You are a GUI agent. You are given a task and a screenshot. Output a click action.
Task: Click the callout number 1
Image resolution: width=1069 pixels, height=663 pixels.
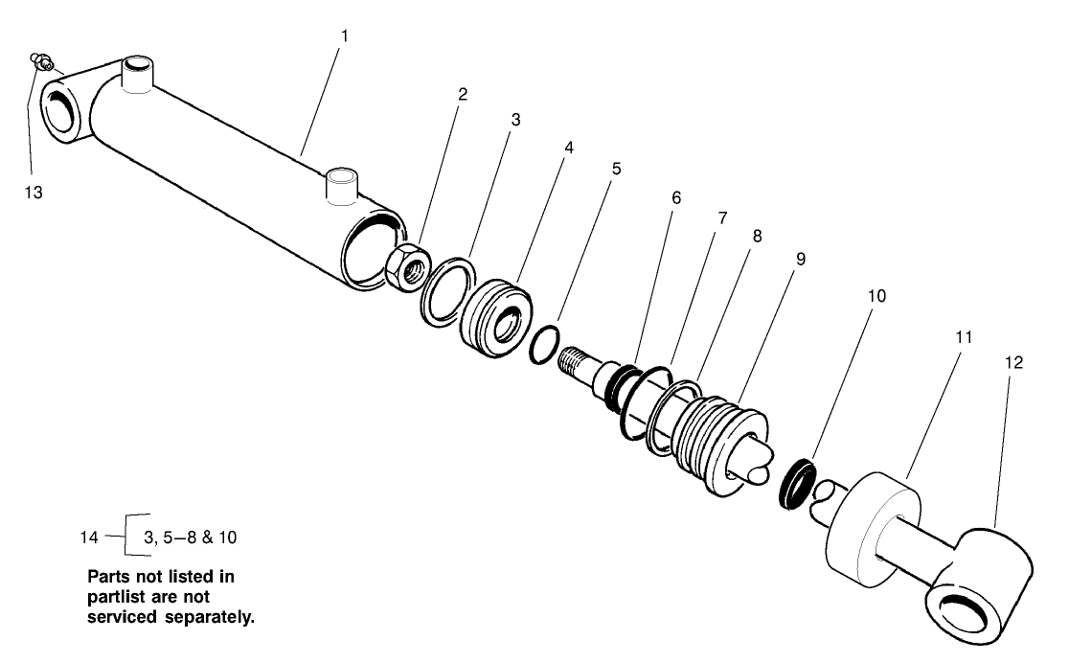(x=345, y=35)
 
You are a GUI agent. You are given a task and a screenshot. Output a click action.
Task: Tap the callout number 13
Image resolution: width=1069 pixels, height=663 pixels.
(x=34, y=192)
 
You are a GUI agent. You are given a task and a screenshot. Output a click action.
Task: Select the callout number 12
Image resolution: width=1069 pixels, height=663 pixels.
(x=1013, y=363)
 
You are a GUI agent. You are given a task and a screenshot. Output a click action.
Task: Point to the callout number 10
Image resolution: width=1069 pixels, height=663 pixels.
(x=876, y=296)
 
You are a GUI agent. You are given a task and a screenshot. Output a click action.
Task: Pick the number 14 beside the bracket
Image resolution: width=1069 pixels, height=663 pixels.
(x=88, y=537)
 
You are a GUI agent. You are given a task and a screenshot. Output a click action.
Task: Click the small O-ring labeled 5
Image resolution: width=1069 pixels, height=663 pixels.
(x=544, y=344)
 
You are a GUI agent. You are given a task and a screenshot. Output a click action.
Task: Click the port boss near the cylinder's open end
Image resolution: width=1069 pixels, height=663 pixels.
(x=341, y=184)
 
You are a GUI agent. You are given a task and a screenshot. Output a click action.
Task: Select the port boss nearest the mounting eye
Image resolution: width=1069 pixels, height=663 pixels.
(x=137, y=75)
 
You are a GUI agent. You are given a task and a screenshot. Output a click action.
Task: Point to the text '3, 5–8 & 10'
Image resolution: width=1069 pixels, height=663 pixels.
(x=190, y=537)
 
